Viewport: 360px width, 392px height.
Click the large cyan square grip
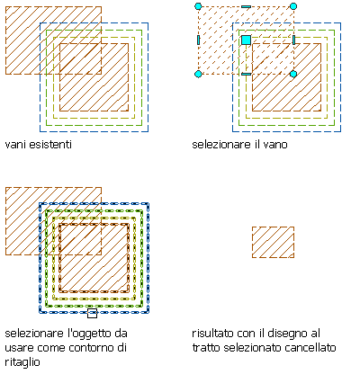pos(246,40)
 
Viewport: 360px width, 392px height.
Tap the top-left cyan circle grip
pos(198,6)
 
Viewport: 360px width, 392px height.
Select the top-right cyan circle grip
pos(293,6)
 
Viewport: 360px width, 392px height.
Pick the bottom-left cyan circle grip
pos(198,74)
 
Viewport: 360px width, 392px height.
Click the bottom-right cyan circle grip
pos(293,74)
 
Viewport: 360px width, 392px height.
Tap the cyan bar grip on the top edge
pos(246,6)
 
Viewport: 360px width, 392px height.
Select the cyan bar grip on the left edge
pos(198,40)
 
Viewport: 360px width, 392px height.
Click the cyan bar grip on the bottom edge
pos(246,74)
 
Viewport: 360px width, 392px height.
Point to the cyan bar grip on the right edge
pos(293,40)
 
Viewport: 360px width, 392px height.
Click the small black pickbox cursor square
pos(92,313)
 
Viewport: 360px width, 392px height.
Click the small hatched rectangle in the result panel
pos(273,242)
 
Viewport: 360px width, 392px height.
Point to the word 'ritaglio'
pos(22,362)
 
